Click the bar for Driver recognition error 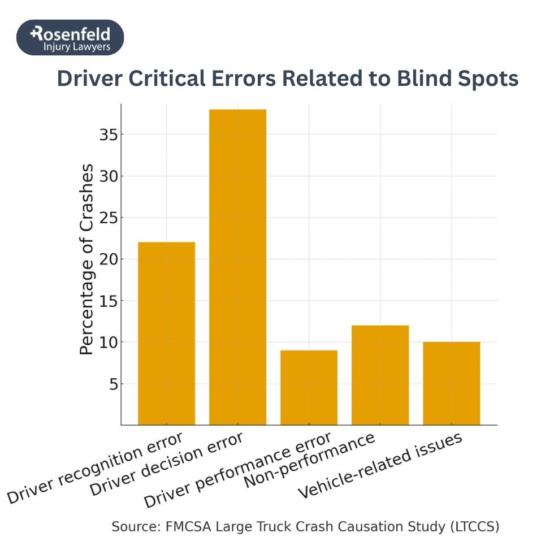[166, 334]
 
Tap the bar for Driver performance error [309, 388]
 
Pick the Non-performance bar [380, 375]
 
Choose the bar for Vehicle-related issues [451, 383]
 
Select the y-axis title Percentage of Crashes [86, 259]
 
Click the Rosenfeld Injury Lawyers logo [70, 37]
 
